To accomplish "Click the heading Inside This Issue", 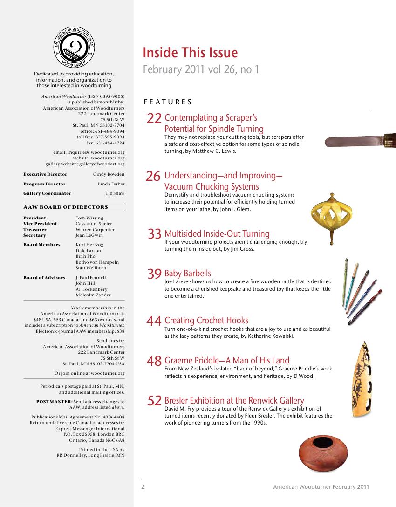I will [x=190, y=53].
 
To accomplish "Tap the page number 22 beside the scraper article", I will [x=154, y=118].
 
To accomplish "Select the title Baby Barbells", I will [x=188, y=274].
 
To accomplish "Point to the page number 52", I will [x=154, y=401].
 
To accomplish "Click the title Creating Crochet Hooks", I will [x=206, y=321].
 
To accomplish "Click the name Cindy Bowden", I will [x=109, y=174].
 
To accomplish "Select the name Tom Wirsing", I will [x=89, y=218].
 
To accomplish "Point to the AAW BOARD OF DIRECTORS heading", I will [x=66, y=207].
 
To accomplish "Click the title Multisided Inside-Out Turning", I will [x=217, y=234].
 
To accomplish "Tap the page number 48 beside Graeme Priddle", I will [x=154, y=361].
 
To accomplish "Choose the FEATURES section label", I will [x=168, y=102].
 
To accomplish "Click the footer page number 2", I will [x=143, y=487].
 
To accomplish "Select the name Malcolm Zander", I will [x=93, y=295].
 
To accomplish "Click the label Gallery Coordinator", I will [x=48, y=193].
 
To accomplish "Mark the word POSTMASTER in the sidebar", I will [x=54, y=401].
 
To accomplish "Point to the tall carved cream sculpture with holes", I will [x=362, y=378].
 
